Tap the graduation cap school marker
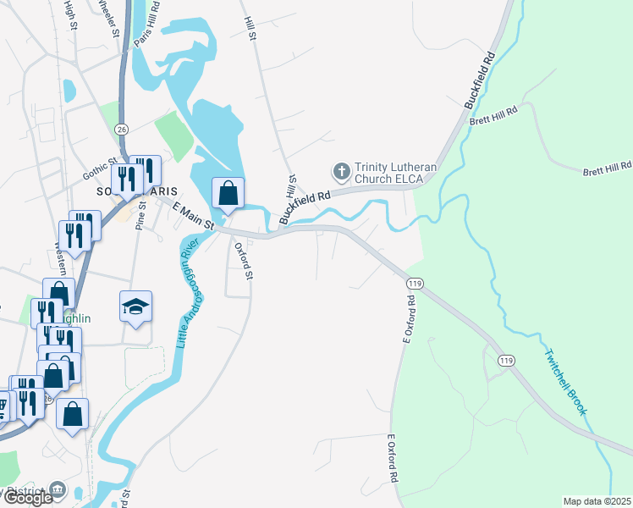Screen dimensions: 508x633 135,306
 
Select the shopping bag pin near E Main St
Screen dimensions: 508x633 228,193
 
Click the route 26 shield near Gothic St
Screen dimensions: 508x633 123,129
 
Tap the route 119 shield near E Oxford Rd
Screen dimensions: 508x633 414,283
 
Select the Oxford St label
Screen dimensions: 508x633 244,261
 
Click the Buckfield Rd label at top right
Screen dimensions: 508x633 478,81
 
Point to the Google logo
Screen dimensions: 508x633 28,498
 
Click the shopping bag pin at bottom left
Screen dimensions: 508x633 73,414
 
